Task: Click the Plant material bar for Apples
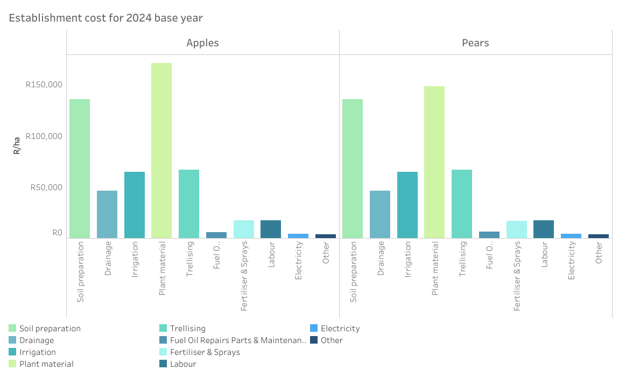161,151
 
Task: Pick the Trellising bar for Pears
462,204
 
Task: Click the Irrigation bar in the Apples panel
135,205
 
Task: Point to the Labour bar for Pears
544,229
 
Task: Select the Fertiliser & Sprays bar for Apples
244,229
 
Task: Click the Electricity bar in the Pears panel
571,236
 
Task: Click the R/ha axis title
17,146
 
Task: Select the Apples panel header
202,43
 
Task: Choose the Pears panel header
475,43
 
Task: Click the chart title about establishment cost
105,18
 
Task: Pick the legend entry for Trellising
188,329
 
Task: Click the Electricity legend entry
340,329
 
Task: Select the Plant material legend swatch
12,364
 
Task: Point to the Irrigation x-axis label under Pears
408,259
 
